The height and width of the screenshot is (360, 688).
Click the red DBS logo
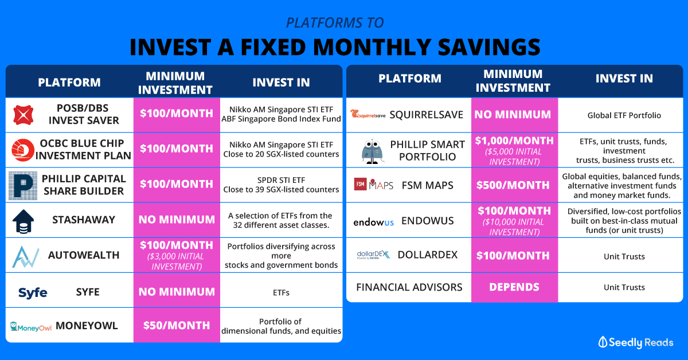pyautogui.click(x=24, y=115)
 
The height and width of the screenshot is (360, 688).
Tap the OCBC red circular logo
pyautogui.click(x=23, y=150)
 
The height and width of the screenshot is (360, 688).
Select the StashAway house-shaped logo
pyautogui.click(x=23, y=221)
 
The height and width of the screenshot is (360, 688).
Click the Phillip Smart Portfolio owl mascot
pyautogui.click(x=372, y=151)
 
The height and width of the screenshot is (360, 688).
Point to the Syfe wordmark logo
pyautogui.click(x=33, y=293)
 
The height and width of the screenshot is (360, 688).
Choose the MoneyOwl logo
pyautogui.click(x=31, y=327)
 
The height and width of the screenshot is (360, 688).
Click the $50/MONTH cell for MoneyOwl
pyautogui.click(x=177, y=325)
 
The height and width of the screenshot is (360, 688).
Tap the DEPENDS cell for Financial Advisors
pyautogui.click(x=514, y=287)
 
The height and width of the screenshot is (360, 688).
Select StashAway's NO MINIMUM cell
pyautogui.click(x=177, y=220)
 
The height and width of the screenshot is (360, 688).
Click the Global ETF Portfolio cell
pyautogui.click(x=624, y=115)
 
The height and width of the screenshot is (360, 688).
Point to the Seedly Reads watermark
pyautogui.click(x=635, y=342)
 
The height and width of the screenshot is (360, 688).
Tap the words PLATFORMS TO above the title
pyautogui.click(x=335, y=22)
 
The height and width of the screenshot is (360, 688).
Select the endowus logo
pyautogui.click(x=373, y=222)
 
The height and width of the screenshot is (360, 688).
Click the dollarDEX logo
pyautogui.click(x=373, y=255)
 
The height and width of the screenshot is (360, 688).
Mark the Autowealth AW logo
pyautogui.click(x=25, y=256)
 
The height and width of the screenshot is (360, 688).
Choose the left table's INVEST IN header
pyautogui.click(x=281, y=83)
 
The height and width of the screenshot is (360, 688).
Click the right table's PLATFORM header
pyautogui.click(x=410, y=79)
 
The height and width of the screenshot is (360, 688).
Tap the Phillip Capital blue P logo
pyautogui.click(x=23, y=186)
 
